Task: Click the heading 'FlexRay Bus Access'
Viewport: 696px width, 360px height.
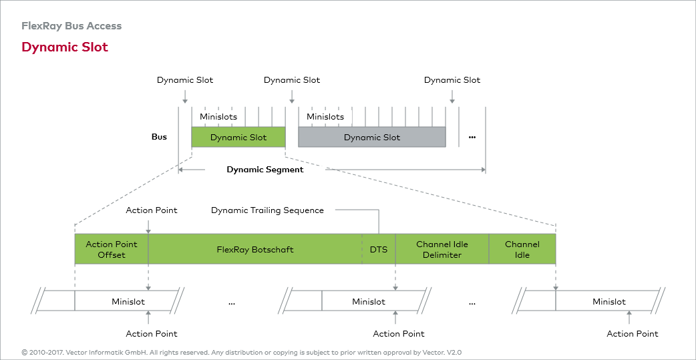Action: tap(71, 26)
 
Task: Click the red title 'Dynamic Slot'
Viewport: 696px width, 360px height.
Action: tap(65, 47)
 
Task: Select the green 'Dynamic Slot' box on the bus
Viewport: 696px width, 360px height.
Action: tap(238, 137)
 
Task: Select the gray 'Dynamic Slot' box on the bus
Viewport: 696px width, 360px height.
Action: tap(372, 137)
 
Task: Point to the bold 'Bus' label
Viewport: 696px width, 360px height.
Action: tap(159, 137)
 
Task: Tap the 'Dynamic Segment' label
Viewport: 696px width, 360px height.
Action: tap(265, 170)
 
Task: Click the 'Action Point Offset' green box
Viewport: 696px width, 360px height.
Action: tap(112, 249)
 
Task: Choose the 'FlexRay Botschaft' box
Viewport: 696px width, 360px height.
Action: tap(255, 249)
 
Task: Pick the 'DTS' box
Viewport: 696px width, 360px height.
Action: tap(379, 249)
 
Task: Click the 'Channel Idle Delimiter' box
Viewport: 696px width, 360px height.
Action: tap(442, 249)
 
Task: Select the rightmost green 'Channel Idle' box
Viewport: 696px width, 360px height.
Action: tap(522, 249)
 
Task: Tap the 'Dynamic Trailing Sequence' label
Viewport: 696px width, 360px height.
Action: tap(267, 210)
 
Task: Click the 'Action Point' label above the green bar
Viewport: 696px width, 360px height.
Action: tap(152, 210)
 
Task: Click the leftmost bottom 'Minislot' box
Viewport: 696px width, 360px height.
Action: tap(128, 301)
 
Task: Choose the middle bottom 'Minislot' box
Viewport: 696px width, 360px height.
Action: tap(369, 301)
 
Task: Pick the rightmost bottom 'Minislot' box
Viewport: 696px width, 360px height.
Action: tap(609, 301)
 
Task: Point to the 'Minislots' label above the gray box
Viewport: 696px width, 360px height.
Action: tap(325, 117)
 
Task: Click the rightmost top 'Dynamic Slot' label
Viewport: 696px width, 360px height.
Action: tap(452, 80)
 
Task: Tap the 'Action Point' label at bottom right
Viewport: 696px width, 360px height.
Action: tap(633, 334)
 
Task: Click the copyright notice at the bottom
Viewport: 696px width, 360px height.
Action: tap(242, 352)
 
